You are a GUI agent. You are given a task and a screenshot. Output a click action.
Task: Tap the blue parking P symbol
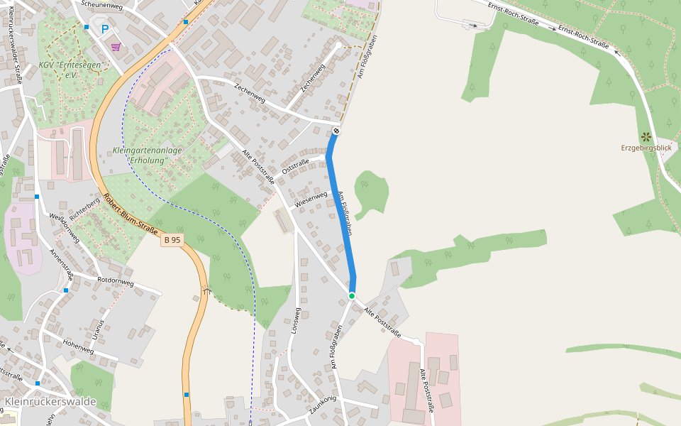(x=105, y=30)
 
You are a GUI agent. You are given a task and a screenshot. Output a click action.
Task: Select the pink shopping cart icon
(x=116, y=47)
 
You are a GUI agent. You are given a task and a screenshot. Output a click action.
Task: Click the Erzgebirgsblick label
(x=646, y=148)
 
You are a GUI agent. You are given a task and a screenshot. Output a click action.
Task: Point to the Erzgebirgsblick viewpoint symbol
(x=646, y=136)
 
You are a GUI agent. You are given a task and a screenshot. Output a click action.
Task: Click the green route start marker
(x=351, y=295)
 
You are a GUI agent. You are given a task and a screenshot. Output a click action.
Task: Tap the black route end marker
(x=336, y=131)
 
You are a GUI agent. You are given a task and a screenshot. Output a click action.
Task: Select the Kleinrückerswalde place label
(x=50, y=402)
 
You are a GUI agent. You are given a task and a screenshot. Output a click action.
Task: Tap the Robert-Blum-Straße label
(x=130, y=214)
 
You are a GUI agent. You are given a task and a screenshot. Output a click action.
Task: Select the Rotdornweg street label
(x=116, y=281)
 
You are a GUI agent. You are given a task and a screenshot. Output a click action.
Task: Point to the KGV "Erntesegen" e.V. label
(x=71, y=70)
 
